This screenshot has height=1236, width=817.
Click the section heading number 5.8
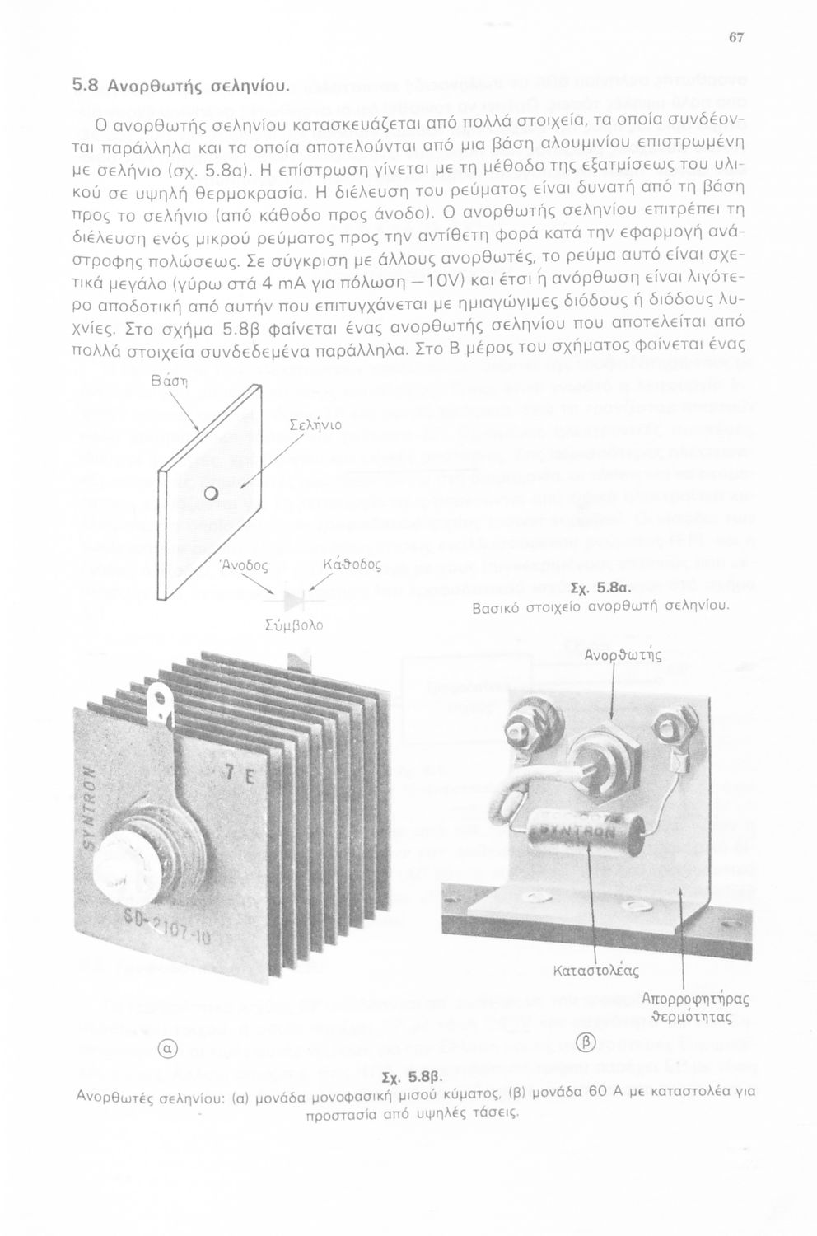click(x=86, y=84)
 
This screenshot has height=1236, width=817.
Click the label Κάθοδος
click(x=352, y=565)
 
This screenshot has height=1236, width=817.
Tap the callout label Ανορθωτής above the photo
click(x=623, y=657)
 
